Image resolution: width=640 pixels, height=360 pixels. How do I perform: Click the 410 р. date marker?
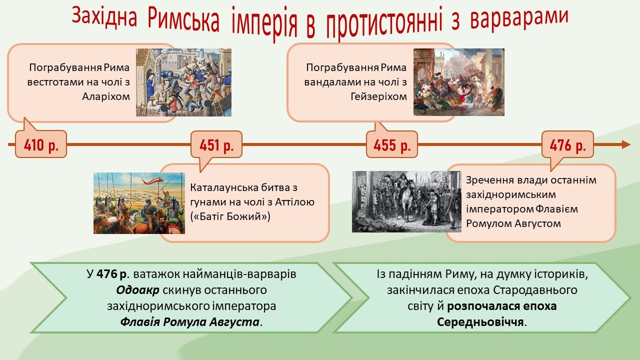pyautogui.click(x=41, y=144)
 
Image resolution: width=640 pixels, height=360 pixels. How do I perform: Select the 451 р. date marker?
pyautogui.click(x=216, y=144)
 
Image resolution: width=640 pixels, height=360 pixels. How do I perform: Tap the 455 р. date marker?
pyautogui.click(x=392, y=144)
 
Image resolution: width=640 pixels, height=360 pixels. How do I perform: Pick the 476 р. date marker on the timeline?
pyautogui.click(x=567, y=144)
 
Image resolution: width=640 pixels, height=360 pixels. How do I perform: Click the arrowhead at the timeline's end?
pyautogui.click(x=626, y=144)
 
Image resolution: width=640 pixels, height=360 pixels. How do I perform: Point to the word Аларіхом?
pyautogui.click(x=106, y=96)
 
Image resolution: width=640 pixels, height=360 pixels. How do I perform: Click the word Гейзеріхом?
pyautogui.click(x=378, y=96)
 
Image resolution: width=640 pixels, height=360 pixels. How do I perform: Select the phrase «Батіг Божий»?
pyautogui.click(x=230, y=216)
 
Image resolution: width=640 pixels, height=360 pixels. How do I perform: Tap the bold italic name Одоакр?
pyautogui.click(x=137, y=290)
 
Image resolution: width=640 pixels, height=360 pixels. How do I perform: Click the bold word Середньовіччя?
pyautogui.click(x=480, y=322)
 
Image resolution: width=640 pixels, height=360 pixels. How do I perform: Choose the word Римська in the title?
pyautogui.click(x=183, y=20)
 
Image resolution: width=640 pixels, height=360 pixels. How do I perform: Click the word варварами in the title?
pyautogui.click(x=519, y=17)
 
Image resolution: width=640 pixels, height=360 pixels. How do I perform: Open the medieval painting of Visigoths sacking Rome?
pyautogui.click(x=183, y=82)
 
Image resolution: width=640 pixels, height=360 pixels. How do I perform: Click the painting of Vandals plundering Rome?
pyautogui.click(x=459, y=82)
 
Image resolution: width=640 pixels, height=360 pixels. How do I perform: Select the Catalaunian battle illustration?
pyautogui.click(x=139, y=203)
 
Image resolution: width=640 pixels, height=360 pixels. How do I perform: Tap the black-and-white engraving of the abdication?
pyautogui.click(x=406, y=201)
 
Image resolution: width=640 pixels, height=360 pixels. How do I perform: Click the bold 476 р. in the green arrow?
pyautogui.click(x=111, y=274)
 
